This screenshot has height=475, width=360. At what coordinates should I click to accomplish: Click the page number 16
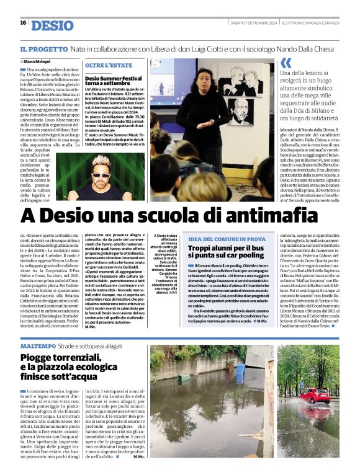point(23,23)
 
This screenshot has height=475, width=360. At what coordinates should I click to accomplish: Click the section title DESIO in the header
point(52,25)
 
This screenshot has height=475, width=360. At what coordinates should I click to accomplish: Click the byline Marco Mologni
point(37,61)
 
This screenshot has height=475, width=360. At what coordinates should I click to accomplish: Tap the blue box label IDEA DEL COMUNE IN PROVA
point(227,239)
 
